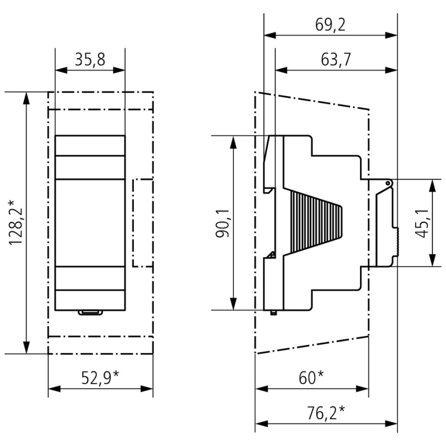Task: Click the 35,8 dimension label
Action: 90,59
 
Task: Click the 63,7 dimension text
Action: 336,59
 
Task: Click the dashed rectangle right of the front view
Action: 143,222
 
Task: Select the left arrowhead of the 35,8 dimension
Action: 58,70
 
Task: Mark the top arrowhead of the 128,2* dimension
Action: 26,95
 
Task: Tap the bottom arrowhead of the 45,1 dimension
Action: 431,262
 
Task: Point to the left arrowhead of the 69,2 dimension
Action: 267,36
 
